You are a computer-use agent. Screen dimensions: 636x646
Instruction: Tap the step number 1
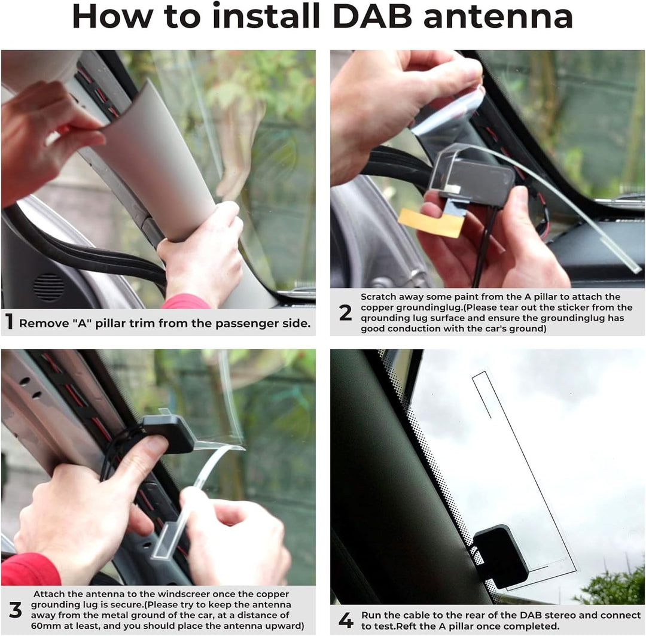pyautogui.click(x=9, y=322)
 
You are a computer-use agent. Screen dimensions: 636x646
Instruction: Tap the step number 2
pyautogui.click(x=345, y=312)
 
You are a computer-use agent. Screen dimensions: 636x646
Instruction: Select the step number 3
pyautogui.click(x=15, y=610)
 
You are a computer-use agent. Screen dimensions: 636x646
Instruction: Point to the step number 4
pyautogui.click(x=346, y=620)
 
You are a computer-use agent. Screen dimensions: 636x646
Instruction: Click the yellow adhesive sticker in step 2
pyautogui.click(x=431, y=223)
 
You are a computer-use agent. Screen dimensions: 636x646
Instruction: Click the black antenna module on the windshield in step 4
pyautogui.click(x=500, y=556)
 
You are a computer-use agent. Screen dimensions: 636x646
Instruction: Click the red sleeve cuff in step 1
pyautogui.click(x=186, y=302)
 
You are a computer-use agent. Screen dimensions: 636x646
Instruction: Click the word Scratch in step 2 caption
pyautogui.click(x=379, y=297)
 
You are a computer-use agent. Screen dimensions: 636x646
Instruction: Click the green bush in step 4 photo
pyautogui.click(x=610, y=587)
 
